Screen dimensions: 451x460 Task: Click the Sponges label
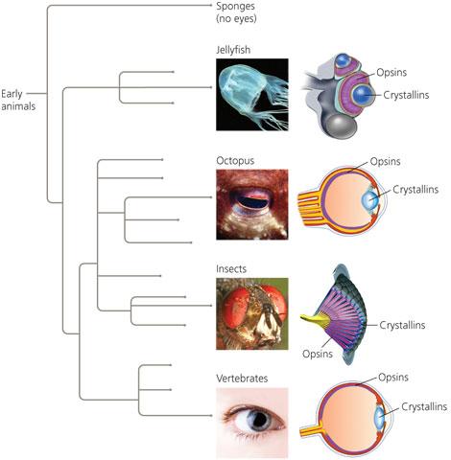[x=236, y=7]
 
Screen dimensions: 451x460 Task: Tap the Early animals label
[x=18, y=100]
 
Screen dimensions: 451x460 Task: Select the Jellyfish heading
[x=233, y=50]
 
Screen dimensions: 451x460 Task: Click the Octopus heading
[x=235, y=160]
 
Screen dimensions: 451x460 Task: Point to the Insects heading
[x=231, y=269]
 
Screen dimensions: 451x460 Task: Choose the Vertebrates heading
[x=242, y=379]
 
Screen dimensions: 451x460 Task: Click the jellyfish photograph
[x=252, y=95]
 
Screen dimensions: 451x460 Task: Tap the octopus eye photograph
[x=252, y=204]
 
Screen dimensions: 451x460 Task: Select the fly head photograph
[x=252, y=313]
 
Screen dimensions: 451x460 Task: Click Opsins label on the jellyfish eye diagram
[x=392, y=73]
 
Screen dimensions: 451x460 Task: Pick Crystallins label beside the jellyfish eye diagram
[x=406, y=95]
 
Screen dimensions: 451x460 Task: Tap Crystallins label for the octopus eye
[x=415, y=190]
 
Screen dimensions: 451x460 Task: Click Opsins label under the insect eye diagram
[x=318, y=354]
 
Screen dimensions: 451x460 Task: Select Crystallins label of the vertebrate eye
[x=424, y=406]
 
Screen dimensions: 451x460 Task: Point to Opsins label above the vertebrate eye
[x=393, y=378]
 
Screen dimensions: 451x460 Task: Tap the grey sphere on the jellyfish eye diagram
[x=342, y=126]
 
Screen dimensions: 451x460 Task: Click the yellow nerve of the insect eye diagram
[x=315, y=321]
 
